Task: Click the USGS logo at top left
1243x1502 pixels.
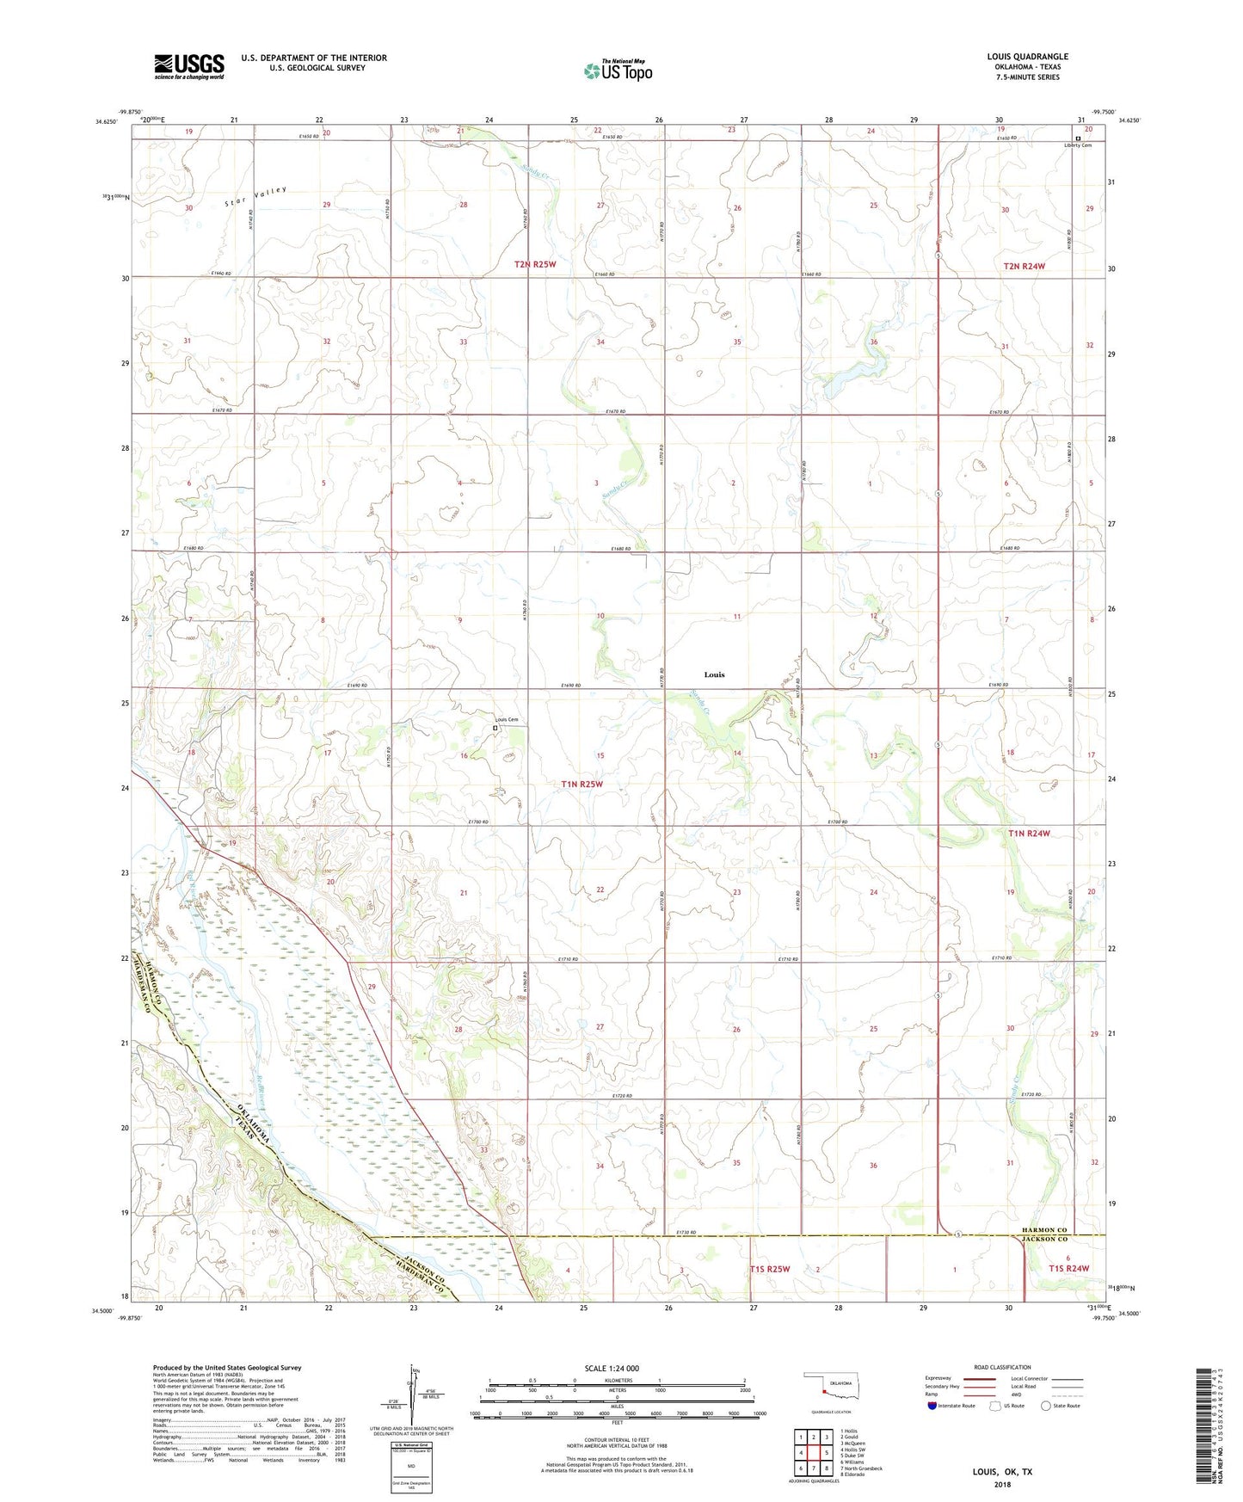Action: pos(189,65)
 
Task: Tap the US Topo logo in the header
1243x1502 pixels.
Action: pos(618,71)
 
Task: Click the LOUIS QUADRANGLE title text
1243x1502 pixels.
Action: pos(1027,57)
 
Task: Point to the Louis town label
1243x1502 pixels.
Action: pos(714,674)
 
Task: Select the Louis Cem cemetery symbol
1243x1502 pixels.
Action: pos(495,728)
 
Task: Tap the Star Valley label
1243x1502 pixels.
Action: pos(255,197)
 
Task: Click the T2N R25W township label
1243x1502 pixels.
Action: pos(535,264)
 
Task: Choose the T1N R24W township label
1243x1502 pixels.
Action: pos(1028,833)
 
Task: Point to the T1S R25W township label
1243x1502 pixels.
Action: pos(769,1269)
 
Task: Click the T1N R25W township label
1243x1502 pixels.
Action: pos(582,784)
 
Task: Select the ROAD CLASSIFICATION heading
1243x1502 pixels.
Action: pos(1002,1367)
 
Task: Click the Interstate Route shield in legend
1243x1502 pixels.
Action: pos(932,1406)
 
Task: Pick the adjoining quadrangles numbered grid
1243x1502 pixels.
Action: pos(813,1451)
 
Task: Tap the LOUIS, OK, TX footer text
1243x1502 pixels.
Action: pos(1002,1472)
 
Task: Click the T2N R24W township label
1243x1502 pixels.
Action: pos(1024,266)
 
